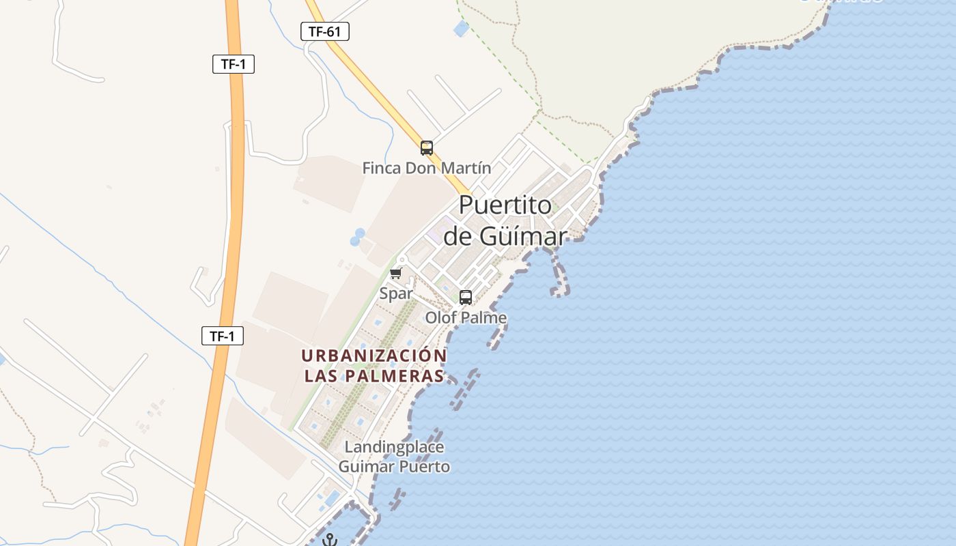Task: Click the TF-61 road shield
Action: click(325, 31)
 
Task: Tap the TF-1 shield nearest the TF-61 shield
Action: click(233, 64)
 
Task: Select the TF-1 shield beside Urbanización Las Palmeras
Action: click(223, 336)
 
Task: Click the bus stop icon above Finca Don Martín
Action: click(427, 147)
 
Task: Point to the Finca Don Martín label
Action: click(426, 168)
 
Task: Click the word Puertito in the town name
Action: click(505, 205)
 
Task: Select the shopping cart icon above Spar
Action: click(395, 274)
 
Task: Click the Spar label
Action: click(396, 293)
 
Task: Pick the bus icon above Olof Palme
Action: click(466, 298)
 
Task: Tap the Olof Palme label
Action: click(466, 317)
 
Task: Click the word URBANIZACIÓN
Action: click(374, 356)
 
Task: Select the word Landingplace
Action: click(394, 448)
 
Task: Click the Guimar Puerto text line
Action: click(394, 467)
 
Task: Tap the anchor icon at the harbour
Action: click(330, 540)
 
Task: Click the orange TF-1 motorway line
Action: click(234, 205)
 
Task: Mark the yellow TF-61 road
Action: click(382, 96)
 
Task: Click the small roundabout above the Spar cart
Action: click(402, 259)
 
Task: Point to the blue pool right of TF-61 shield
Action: click(462, 29)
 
